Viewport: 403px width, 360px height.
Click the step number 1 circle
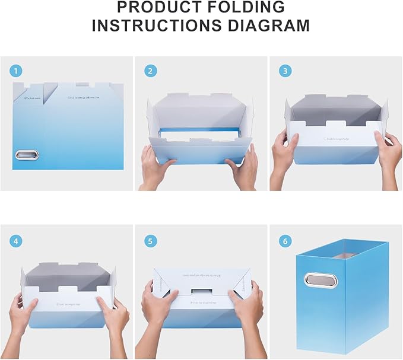(16, 72)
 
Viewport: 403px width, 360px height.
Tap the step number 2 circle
(151, 72)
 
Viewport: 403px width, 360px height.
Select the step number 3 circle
(285, 72)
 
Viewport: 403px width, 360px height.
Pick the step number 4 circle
(16, 241)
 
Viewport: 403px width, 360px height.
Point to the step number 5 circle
(151, 241)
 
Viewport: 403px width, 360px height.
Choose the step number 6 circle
(285, 241)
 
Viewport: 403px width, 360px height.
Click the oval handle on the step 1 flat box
(26, 155)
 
